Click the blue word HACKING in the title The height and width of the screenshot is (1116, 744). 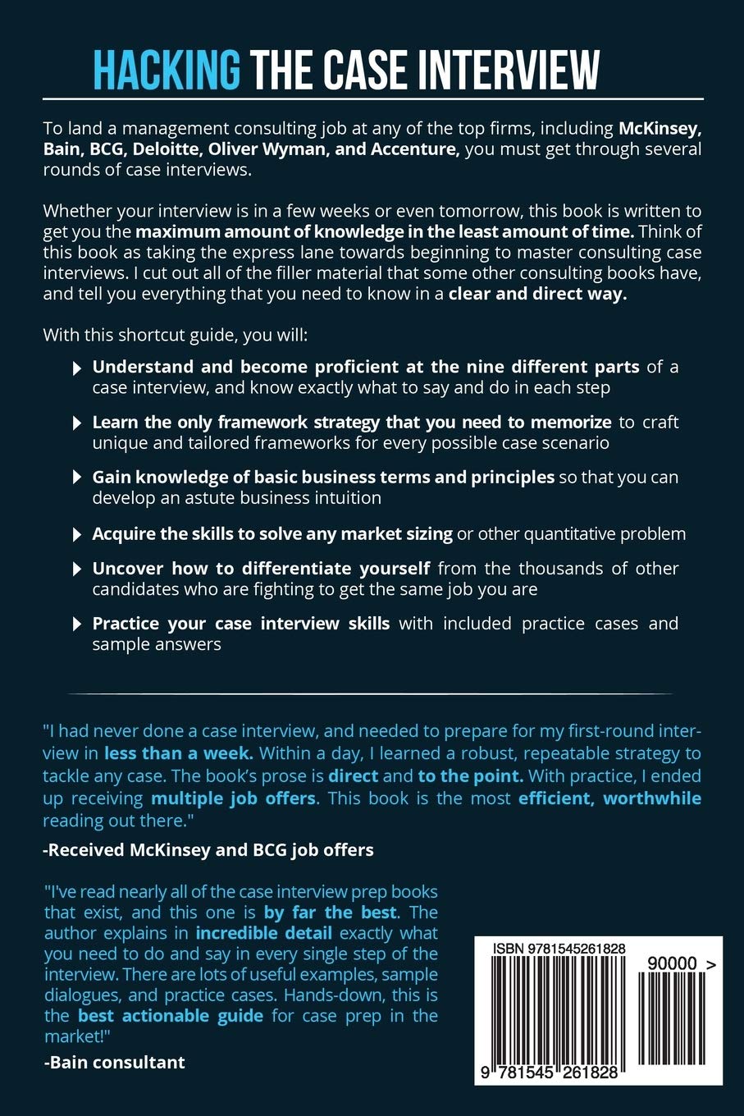[167, 70]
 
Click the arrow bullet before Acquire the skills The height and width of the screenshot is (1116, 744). [77, 535]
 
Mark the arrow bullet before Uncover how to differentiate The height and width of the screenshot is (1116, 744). [77, 569]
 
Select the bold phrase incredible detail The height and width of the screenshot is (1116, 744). [263, 933]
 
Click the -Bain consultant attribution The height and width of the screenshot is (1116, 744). [114, 1062]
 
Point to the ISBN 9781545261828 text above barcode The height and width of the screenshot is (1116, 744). [559, 949]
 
